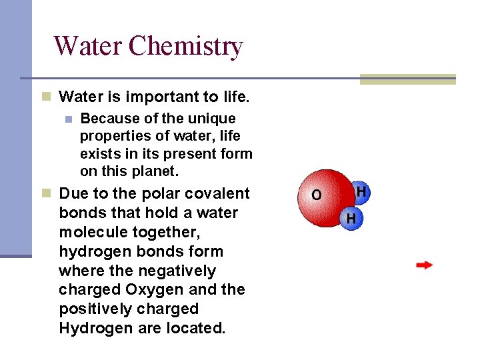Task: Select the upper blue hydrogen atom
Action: point(361,192)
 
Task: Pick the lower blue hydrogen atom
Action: point(351,218)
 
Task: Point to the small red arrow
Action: point(424,265)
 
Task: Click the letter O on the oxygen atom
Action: point(316,195)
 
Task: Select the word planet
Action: point(155,171)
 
